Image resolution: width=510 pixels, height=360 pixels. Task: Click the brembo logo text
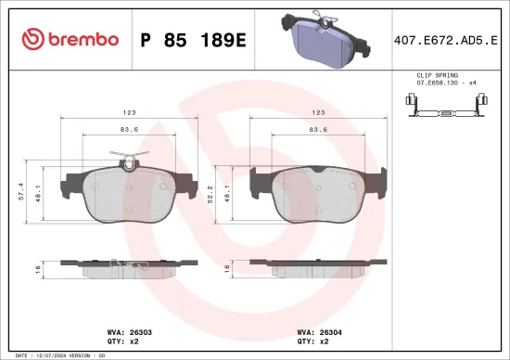pos(70,39)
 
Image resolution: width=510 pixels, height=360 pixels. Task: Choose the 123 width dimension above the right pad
pos(317,110)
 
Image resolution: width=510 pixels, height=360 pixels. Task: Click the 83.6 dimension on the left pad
pos(129,129)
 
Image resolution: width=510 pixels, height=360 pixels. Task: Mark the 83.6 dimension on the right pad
pos(317,129)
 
